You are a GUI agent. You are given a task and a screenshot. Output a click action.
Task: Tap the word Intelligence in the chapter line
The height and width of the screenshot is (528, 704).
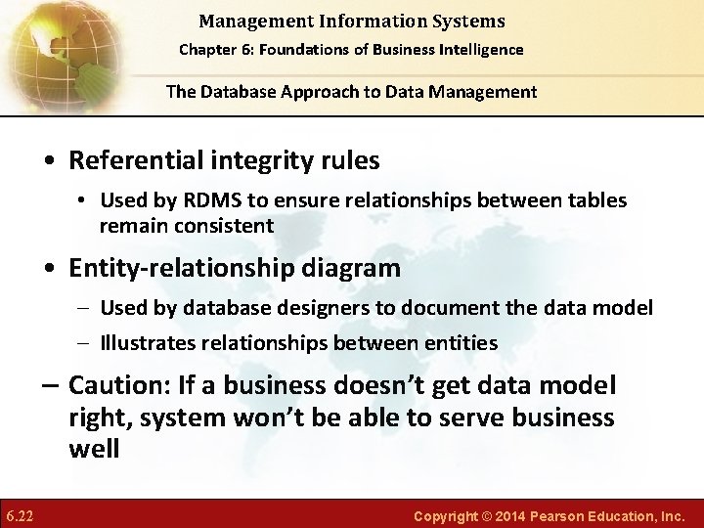477,50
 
